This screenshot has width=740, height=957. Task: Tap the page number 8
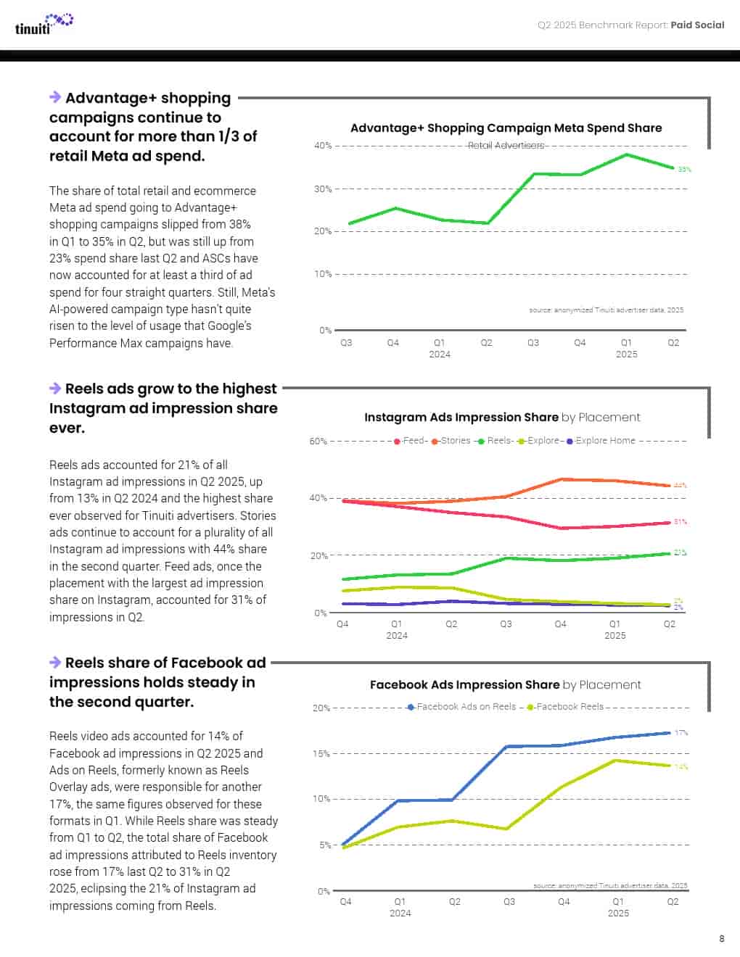click(x=721, y=939)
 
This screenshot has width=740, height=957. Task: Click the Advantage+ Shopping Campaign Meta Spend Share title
click(x=506, y=128)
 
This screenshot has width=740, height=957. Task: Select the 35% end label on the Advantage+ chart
click(x=684, y=170)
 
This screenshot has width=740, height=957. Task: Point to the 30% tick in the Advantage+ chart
click(x=322, y=189)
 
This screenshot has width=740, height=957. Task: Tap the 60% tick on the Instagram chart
click(x=318, y=442)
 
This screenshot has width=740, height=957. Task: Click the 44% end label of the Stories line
click(x=680, y=485)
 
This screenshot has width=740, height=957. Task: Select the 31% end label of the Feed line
click(x=680, y=522)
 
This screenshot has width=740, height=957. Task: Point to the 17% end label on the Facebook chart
click(x=681, y=733)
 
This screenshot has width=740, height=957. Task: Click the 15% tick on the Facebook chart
click(x=321, y=754)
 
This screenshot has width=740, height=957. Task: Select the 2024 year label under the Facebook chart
click(x=400, y=913)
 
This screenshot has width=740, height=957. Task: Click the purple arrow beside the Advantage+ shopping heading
click(x=55, y=97)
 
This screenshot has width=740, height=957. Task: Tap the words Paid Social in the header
click(x=697, y=25)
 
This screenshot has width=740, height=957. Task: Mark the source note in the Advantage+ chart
click(x=606, y=310)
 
